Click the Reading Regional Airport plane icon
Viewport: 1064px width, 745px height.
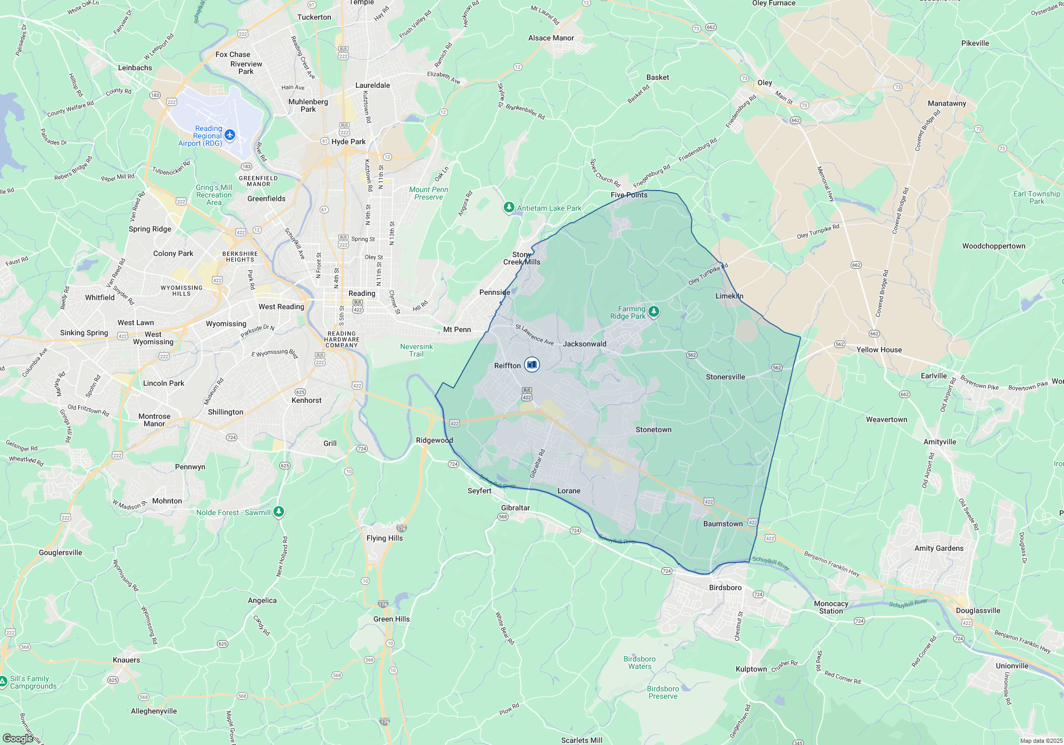(x=230, y=135)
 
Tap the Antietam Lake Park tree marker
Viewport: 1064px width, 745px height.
(x=509, y=208)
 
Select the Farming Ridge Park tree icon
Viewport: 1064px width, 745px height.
(x=654, y=312)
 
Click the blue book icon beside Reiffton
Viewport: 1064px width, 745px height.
(x=531, y=365)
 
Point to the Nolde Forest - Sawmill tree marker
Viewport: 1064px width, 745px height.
(x=279, y=512)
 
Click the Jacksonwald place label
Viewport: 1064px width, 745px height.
(x=584, y=344)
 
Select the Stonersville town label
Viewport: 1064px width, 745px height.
(x=725, y=377)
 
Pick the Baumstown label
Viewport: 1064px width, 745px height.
(x=722, y=524)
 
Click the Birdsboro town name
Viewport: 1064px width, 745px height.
(x=725, y=587)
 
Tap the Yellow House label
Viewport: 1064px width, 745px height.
(x=879, y=350)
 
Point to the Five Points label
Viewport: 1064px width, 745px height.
(x=629, y=195)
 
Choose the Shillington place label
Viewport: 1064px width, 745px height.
(x=226, y=412)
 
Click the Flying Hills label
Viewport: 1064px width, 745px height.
(x=385, y=538)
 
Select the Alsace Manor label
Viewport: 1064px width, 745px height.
(x=551, y=38)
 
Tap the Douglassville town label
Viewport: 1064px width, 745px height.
(x=978, y=610)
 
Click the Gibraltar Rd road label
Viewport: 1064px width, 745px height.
(x=537, y=463)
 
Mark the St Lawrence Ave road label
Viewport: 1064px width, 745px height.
(x=535, y=335)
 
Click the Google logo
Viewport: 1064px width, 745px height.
(x=18, y=739)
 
